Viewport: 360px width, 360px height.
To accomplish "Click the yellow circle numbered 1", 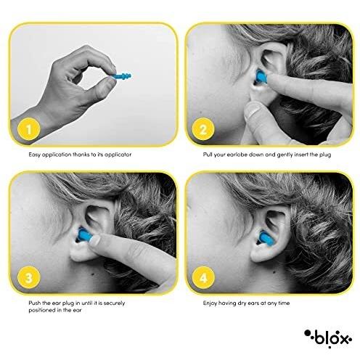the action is click(29, 129).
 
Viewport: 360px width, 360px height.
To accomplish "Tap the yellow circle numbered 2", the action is click(203, 129).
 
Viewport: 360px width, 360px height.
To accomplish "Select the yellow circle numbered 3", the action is click(29, 277).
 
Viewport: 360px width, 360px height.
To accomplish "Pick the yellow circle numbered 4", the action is click(203, 277).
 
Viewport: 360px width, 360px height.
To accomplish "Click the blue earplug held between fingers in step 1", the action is click(122, 76).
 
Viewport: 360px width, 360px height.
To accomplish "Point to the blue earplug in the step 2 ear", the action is click(262, 76).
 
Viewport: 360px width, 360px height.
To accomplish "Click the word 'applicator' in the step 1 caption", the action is click(118, 155).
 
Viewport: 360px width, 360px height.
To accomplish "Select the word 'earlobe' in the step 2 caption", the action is click(237, 155).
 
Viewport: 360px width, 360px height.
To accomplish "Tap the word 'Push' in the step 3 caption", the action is click(34, 303).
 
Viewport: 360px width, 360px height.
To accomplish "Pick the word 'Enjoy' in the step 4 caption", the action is click(210, 303).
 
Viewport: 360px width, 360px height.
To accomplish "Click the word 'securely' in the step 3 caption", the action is click(114, 303).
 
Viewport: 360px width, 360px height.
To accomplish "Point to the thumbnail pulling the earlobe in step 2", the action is click(253, 110).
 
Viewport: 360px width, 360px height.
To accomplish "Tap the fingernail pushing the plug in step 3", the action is click(95, 240).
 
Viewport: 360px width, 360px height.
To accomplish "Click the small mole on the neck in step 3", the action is click(94, 274).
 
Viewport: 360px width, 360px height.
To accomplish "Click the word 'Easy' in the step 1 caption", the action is click(35, 155).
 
